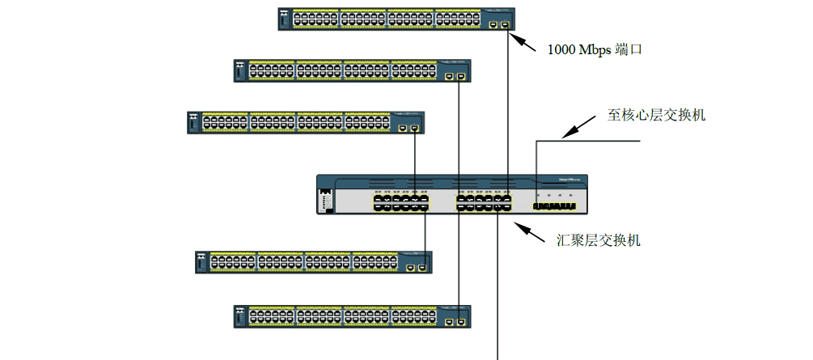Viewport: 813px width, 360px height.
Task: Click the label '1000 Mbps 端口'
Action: [595, 49]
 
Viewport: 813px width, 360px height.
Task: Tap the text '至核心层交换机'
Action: [657, 115]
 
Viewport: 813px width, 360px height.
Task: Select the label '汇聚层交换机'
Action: [599, 239]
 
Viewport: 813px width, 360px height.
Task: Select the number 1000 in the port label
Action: [561, 49]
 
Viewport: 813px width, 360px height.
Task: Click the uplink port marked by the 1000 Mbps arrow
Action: [506, 25]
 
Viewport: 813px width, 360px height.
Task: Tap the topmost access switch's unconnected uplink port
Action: [494, 25]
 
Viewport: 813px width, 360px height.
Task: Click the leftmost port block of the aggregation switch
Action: [400, 202]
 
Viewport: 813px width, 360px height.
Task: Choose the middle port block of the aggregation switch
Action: [484, 202]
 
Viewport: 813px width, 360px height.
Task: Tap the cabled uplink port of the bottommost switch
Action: [460, 322]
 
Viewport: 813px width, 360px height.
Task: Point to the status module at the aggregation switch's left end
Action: [325, 200]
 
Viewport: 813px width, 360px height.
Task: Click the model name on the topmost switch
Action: [495, 12]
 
